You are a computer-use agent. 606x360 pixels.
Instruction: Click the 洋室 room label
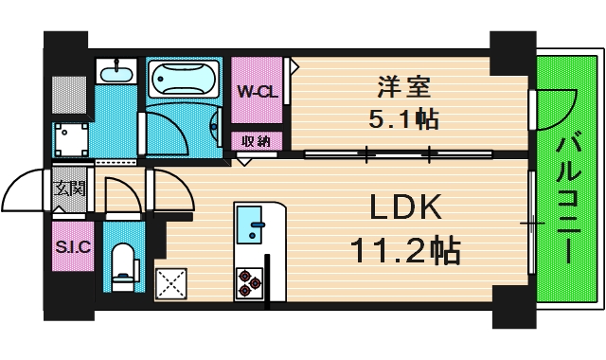coord(404,87)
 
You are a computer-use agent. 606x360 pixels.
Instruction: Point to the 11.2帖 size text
coord(404,250)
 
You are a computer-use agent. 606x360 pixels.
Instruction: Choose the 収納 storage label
coord(256,141)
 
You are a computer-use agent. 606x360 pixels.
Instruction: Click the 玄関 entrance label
coord(70,188)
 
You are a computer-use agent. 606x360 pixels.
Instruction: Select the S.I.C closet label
coord(72,248)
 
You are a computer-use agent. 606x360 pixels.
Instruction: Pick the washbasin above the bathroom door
coord(116,73)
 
